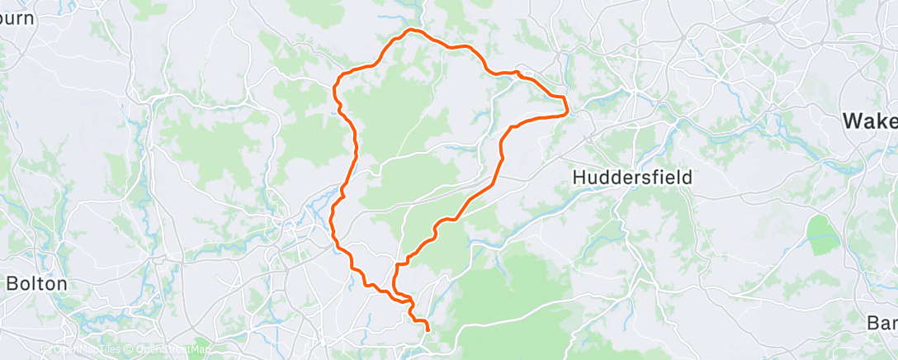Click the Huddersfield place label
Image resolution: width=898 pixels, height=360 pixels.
[632, 177]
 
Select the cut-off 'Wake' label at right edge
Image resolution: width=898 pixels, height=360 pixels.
[869, 121]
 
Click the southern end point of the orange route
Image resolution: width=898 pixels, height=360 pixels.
[428, 329]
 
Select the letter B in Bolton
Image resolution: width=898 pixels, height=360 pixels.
[12, 282]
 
